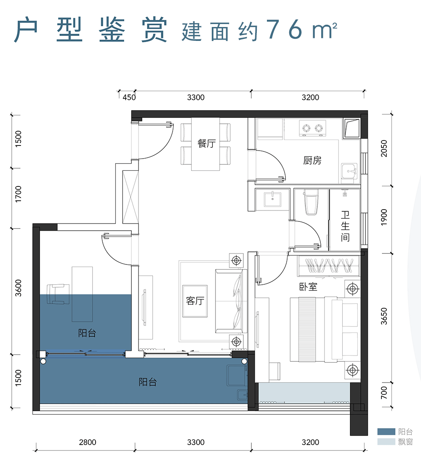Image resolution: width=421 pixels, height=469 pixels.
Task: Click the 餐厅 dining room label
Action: pyautogui.click(x=206, y=144)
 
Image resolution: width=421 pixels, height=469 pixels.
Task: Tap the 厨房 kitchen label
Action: pyautogui.click(x=312, y=161)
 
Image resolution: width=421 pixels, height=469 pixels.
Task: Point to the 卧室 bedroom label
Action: pyautogui.click(x=308, y=287)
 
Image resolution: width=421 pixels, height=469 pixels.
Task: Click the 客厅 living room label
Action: pyautogui.click(x=195, y=301)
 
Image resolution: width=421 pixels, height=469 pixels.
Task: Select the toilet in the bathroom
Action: pyautogui.click(x=311, y=202)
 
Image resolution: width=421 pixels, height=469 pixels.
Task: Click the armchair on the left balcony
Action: pyautogui.click(x=58, y=294)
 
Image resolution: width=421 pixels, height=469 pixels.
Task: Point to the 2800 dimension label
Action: pyautogui.click(x=88, y=442)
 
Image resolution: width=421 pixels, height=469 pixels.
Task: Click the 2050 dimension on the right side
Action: pyautogui.click(x=383, y=149)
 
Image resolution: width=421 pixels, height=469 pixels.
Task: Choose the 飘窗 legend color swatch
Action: pyautogui.click(x=386, y=442)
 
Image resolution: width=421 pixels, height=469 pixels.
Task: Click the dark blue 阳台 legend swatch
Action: pyautogui.click(x=386, y=432)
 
